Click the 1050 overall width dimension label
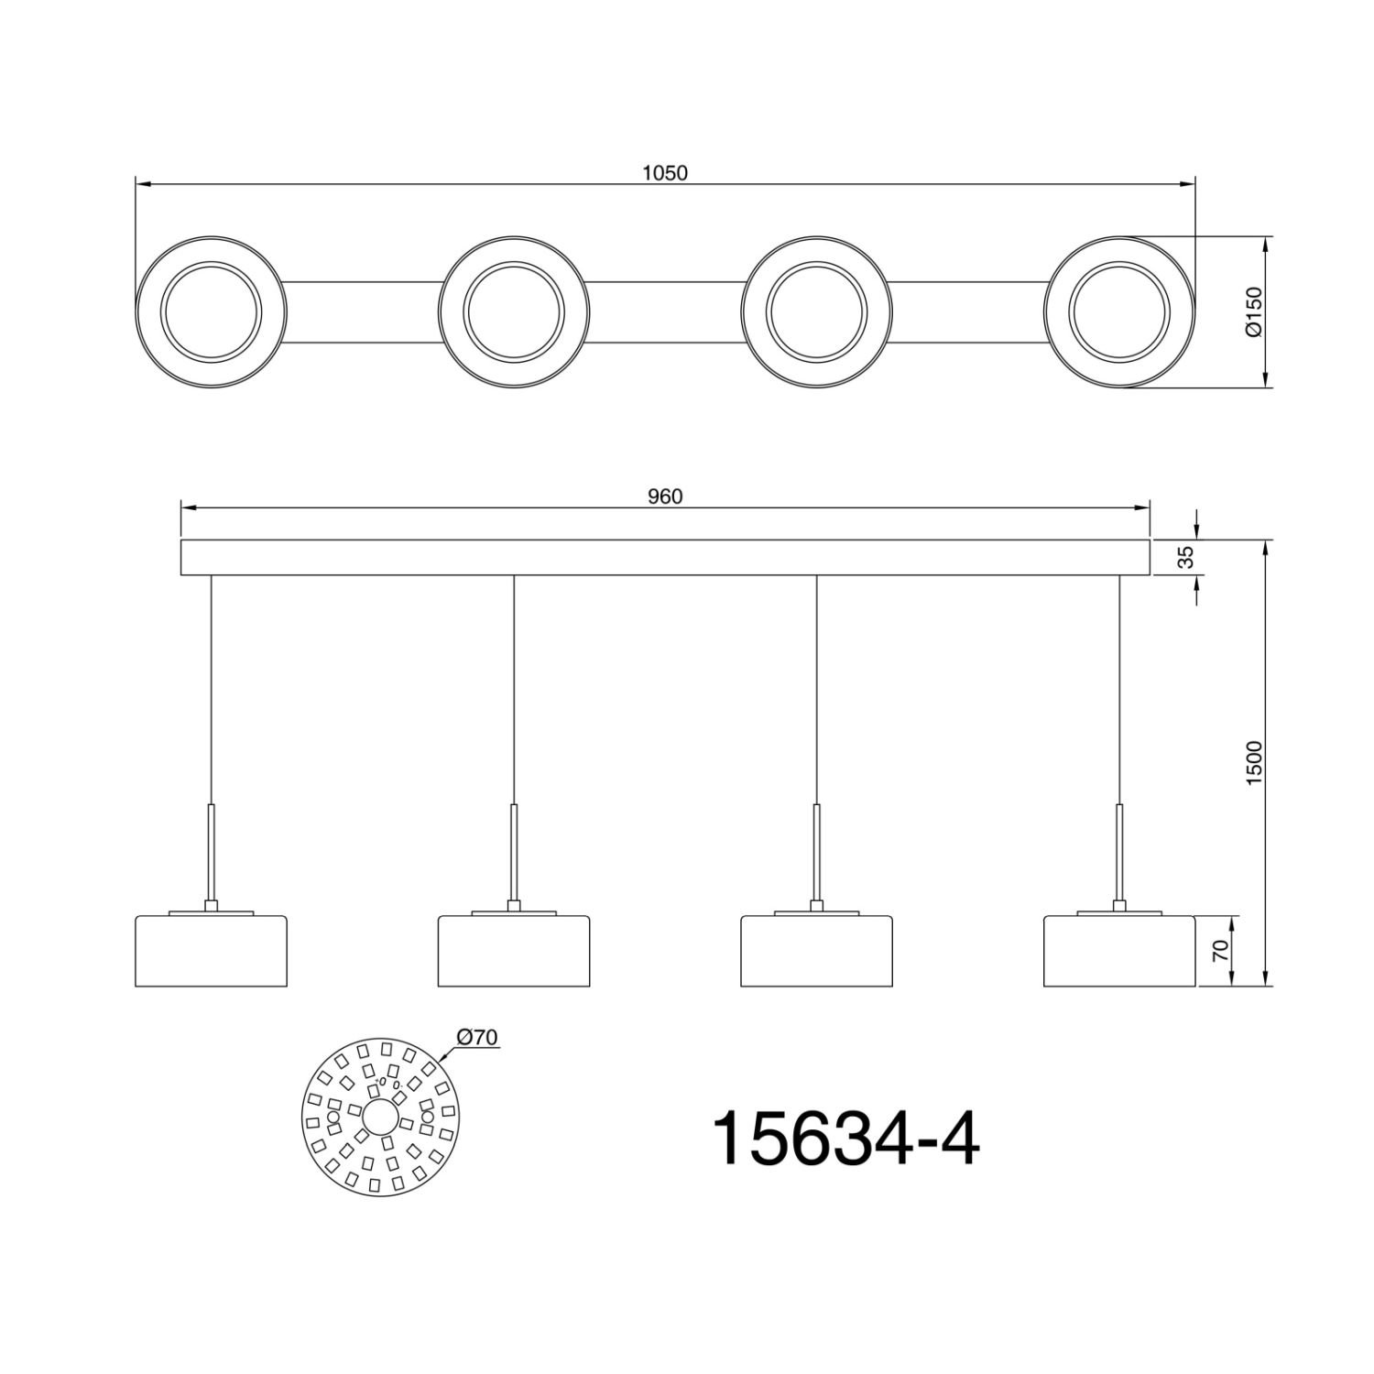[665, 172]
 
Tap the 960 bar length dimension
[665, 496]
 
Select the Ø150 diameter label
[1254, 312]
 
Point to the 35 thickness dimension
[1186, 558]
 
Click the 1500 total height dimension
[1254, 760]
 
